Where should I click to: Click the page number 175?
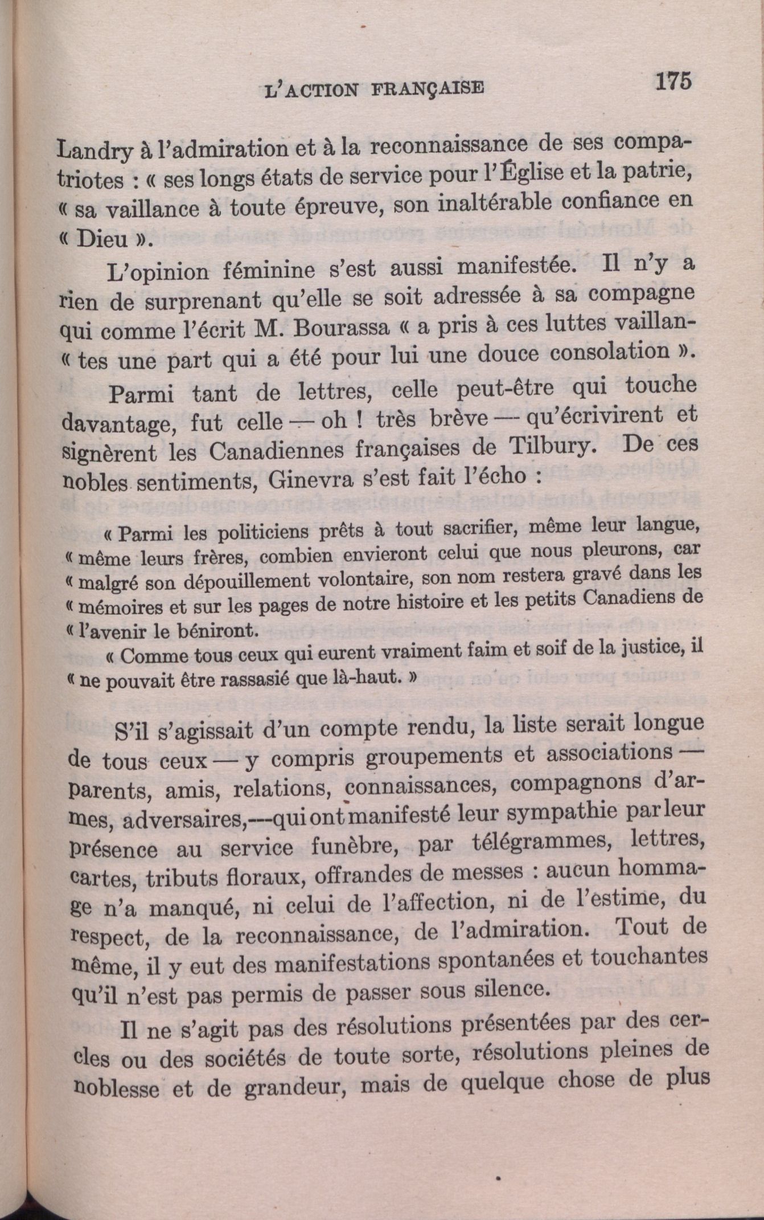click(673, 80)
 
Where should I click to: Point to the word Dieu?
click(102, 239)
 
